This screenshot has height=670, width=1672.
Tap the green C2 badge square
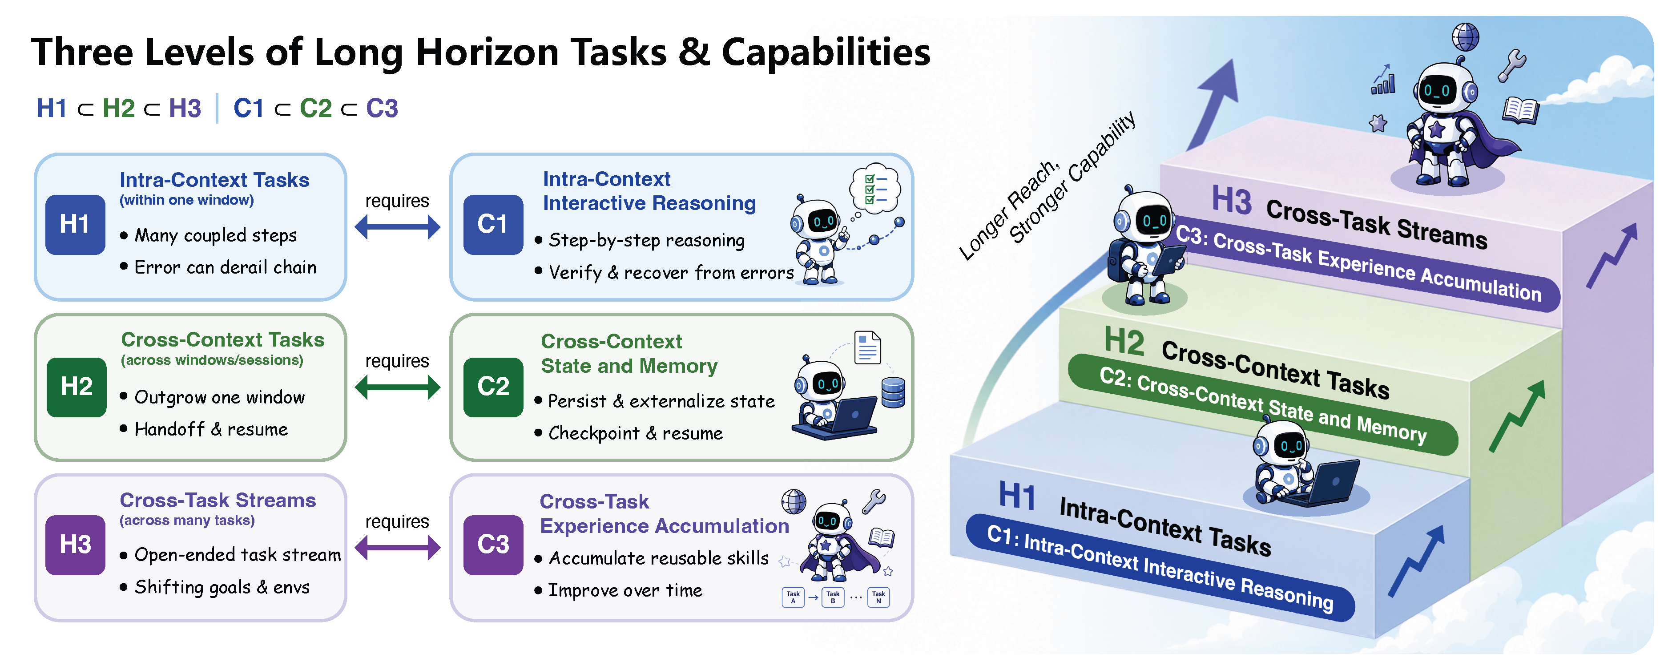[493, 387]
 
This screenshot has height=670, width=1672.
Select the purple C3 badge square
[493, 545]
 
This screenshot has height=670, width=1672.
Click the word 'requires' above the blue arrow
[397, 201]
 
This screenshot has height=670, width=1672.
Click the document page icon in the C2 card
[868, 347]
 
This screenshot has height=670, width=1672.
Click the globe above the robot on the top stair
[1466, 37]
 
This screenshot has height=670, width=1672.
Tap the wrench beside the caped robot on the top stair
[1512, 65]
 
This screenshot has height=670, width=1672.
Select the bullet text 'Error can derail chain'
[225, 267]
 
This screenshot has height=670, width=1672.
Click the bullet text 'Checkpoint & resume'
[636, 434]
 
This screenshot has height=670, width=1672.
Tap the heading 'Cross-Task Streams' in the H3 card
[218, 500]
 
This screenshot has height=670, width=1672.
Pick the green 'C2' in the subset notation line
[315, 109]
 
